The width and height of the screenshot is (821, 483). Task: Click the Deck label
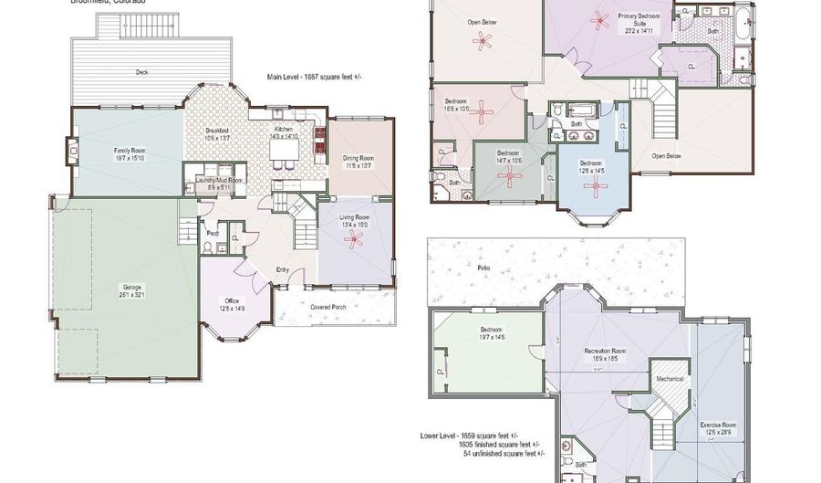tap(142, 71)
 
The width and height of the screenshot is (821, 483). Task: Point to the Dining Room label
tap(359, 162)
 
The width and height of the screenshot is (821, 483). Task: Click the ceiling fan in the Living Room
tap(353, 240)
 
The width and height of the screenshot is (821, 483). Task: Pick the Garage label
tap(132, 291)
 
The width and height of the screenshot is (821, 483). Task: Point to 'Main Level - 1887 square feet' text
tap(314, 77)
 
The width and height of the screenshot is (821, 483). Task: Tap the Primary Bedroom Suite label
tap(639, 20)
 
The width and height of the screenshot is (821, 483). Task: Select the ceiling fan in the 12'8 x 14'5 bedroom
tap(597, 187)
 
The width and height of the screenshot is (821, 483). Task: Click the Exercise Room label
tap(718, 428)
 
